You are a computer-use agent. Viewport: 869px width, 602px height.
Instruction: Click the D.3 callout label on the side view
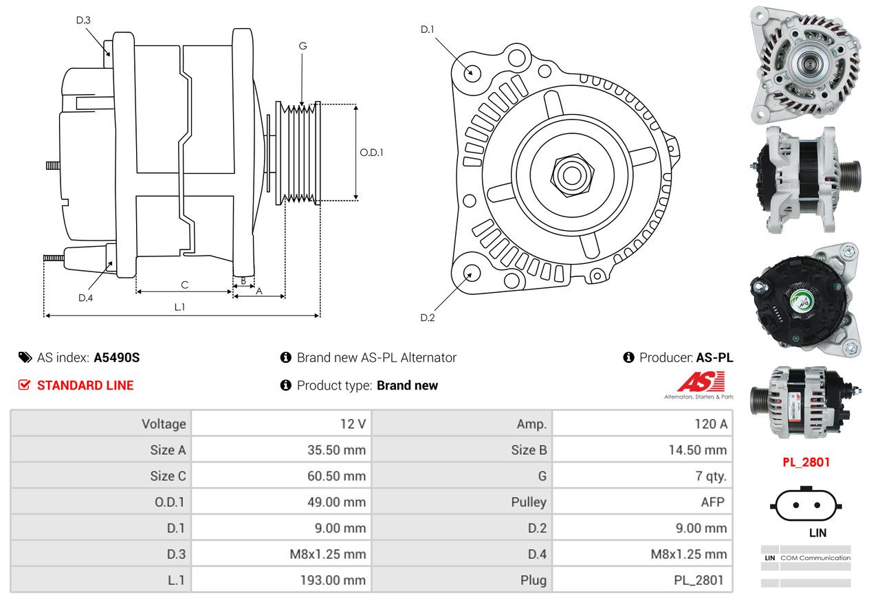tap(83, 20)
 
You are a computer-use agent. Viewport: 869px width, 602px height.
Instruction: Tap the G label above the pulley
tap(303, 46)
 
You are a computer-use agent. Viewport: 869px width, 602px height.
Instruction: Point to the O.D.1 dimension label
tap(371, 153)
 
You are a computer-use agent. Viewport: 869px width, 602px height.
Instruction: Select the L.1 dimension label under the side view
tap(179, 307)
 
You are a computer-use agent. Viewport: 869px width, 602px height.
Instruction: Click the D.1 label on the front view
tap(428, 30)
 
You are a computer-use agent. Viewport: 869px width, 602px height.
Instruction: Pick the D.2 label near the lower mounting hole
tap(428, 317)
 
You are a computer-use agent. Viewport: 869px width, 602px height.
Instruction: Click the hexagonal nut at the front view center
tap(572, 175)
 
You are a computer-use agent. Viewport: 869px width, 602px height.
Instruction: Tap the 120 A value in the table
tap(711, 424)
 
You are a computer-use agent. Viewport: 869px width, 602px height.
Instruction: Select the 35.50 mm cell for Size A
tap(336, 450)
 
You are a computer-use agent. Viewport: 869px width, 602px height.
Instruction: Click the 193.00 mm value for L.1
tap(333, 580)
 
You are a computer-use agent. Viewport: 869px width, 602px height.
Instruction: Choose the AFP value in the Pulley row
tap(712, 502)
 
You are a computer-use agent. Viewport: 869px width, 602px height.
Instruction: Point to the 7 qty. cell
tap(711, 476)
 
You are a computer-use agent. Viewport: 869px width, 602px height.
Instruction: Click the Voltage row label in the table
tap(164, 424)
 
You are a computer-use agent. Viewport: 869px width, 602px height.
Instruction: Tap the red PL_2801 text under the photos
tap(806, 462)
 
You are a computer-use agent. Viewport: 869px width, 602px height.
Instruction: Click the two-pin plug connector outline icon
tap(806, 504)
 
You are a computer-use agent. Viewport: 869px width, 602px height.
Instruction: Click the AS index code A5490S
tap(117, 357)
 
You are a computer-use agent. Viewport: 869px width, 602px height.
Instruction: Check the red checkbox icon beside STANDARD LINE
tap(24, 385)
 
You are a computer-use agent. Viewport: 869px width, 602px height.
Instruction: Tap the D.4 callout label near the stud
tap(85, 298)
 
